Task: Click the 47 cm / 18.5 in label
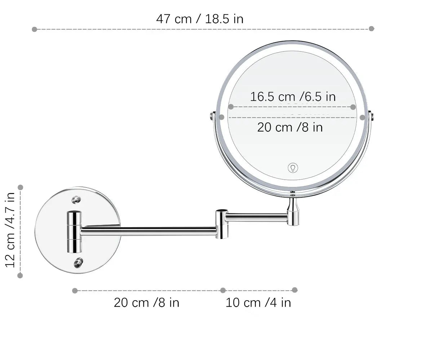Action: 200,19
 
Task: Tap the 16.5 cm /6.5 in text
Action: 293,96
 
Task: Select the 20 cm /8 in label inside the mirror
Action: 290,127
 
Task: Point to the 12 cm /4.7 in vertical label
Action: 10,230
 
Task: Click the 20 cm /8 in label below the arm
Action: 146,302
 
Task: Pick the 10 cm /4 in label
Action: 258,302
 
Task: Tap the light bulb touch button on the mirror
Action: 293,168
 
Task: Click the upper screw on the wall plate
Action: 76,200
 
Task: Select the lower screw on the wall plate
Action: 78,262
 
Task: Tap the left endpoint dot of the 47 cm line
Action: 35,29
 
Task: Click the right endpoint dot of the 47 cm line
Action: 372,28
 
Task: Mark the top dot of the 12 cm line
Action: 21,187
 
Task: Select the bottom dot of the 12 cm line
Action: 20,275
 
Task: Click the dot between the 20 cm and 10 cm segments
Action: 223,290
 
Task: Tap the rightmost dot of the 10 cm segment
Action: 294,290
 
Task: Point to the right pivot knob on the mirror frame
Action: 371,116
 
